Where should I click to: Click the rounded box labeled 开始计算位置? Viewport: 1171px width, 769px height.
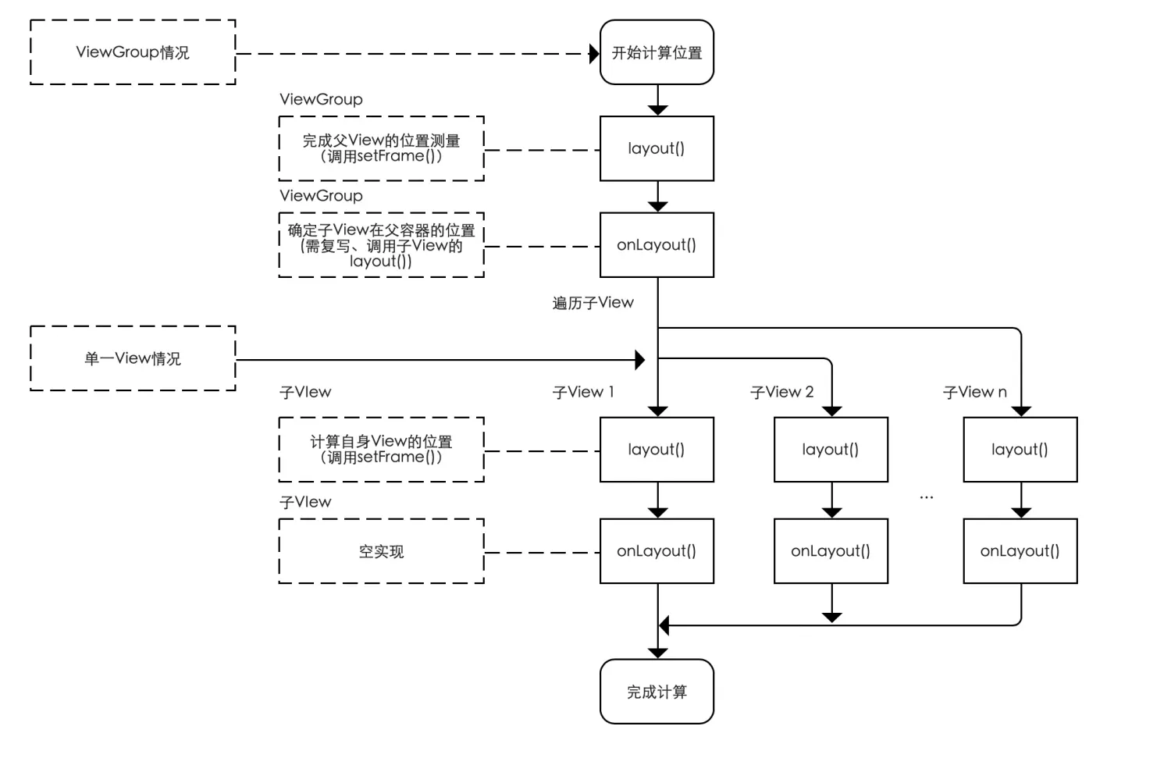tap(657, 52)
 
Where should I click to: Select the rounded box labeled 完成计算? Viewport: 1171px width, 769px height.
tap(657, 692)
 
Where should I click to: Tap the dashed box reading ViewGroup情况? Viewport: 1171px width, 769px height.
tap(133, 52)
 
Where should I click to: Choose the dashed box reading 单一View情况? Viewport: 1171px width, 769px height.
tap(133, 358)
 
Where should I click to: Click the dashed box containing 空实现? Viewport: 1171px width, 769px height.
tap(382, 551)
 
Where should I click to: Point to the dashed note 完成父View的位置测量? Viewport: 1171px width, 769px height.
tap(382, 148)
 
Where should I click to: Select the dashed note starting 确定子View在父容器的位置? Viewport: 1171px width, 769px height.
tap(382, 245)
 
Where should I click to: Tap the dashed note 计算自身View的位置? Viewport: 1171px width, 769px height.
tap(382, 450)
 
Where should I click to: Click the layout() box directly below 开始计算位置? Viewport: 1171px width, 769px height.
tap(657, 148)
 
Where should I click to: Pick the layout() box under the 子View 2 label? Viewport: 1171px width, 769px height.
tap(831, 450)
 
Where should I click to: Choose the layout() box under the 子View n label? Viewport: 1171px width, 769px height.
tap(1020, 450)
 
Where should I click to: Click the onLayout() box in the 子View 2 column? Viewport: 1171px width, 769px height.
tap(831, 551)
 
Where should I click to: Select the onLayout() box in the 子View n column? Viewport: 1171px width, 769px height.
tap(1020, 551)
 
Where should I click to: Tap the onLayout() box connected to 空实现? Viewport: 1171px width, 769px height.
tap(657, 551)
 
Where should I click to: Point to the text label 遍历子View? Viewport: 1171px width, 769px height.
tap(593, 303)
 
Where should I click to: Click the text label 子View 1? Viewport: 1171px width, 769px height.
tap(583, 392)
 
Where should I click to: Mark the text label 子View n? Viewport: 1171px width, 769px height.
tap(975, 392)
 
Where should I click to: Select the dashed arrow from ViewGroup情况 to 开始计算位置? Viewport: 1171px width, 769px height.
tap(414, 54)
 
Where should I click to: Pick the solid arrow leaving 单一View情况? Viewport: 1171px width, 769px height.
tap(437, 360)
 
